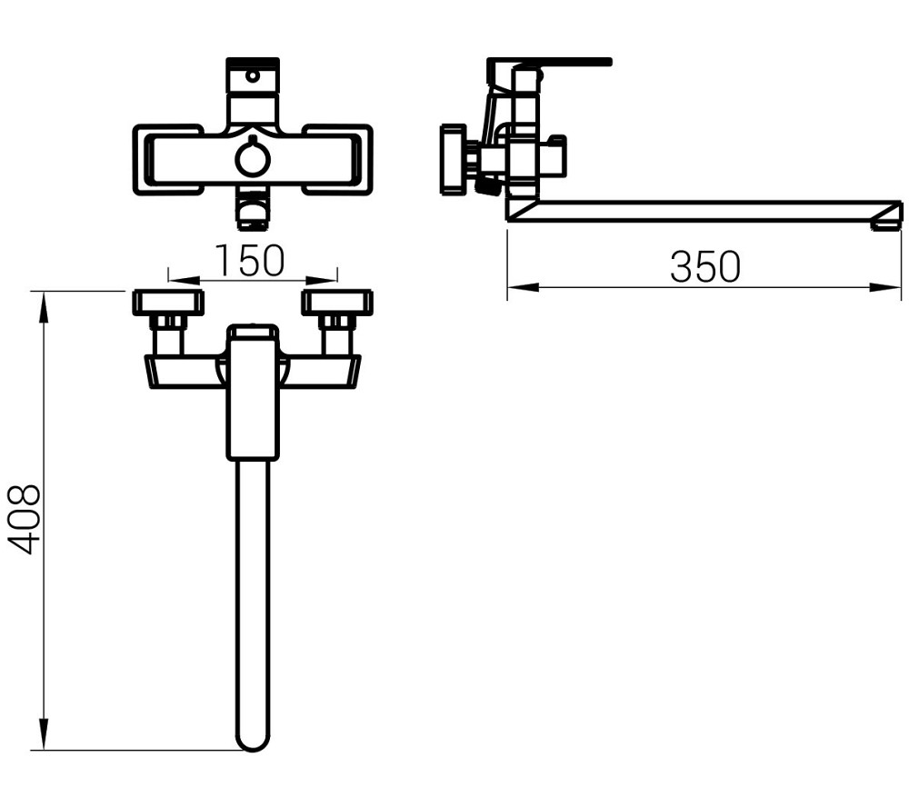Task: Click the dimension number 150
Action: [x=250, y=261]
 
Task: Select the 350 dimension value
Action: [x=705, y=267]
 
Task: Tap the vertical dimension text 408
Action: [x=25, y=519]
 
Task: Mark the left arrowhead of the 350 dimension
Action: [x=515, y=288]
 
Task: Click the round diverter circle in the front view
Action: [x=253, y=159]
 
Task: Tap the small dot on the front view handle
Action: [x=253, y=77]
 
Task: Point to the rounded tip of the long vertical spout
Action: [x=253, y=742]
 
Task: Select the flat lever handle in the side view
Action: [x=549, y=63]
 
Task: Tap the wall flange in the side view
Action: [x=453, y=160]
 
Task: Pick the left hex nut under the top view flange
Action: [x=168, y=321]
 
